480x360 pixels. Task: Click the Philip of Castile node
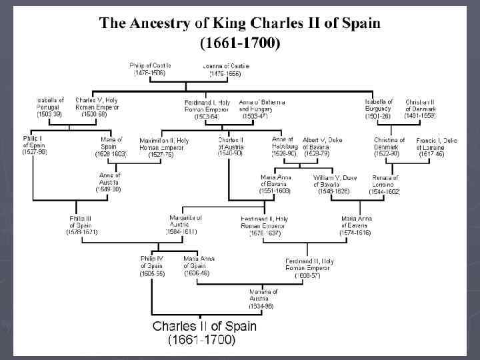150,69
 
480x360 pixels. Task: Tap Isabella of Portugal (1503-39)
50,107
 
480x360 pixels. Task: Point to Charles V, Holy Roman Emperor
97,107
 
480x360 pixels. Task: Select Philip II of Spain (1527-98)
34,145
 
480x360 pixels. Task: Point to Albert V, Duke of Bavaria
324,145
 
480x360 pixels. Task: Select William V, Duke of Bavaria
335,184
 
